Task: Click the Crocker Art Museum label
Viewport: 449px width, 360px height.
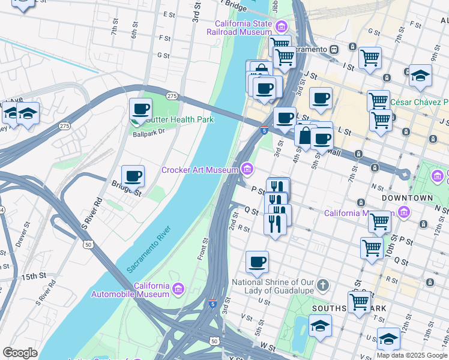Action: [x=200, y=170]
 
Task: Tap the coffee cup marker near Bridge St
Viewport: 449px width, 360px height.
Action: [x=133, y=176]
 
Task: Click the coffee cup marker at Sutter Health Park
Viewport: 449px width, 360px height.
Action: [x=140, y=109]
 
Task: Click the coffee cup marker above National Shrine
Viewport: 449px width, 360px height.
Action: [x=257, y=262]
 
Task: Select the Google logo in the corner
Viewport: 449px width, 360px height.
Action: [x=20, y=353]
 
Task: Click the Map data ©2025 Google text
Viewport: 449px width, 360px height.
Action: [x=412, y=355]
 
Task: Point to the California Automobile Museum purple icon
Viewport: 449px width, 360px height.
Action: [x=178, y=290]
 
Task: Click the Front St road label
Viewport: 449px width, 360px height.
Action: [x=204, y=248]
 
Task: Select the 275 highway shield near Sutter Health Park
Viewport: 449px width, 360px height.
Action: [x=172, y=96]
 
